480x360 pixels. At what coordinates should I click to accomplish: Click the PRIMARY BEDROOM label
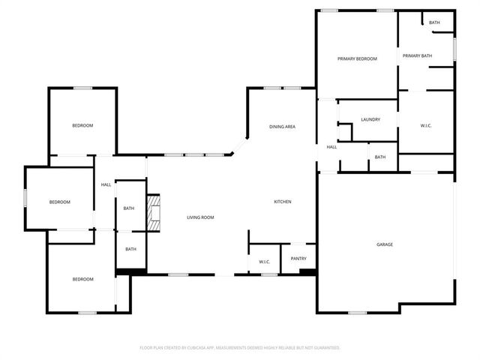(356, 58)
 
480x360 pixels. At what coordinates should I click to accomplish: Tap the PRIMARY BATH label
(417, 56)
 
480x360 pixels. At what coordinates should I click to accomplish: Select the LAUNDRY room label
(370, 119)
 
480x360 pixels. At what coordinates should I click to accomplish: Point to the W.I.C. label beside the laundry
(425, 125)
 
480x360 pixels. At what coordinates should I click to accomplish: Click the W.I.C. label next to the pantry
(264, 262)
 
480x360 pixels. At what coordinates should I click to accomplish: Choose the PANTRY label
(298, 259)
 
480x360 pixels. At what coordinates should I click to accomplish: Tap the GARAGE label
(385, 244)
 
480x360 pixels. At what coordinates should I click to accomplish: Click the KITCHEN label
(282, 202)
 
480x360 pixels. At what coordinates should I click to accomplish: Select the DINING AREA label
(282, 127)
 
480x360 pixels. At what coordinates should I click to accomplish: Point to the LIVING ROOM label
(200, 217)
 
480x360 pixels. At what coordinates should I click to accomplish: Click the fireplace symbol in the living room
(154, 212)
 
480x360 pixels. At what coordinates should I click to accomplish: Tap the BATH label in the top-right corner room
(434, 22)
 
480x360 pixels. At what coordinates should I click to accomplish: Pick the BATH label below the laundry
(380, 157)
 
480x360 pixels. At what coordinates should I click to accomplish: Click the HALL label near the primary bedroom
(331, 147)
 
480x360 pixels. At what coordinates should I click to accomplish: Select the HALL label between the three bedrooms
(106, 184)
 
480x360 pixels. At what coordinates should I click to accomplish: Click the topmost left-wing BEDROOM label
(82, 125)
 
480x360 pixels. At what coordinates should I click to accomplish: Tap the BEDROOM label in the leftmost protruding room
(60, 202)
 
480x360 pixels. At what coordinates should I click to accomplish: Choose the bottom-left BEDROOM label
(82, 279)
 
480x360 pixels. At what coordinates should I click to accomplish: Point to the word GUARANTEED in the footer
(324, 348)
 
